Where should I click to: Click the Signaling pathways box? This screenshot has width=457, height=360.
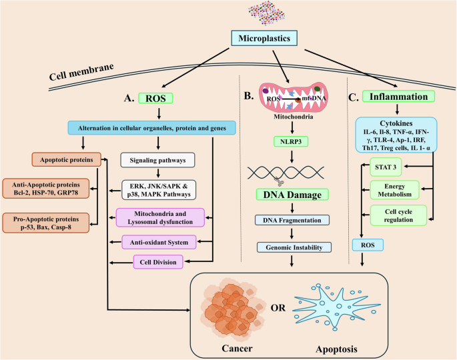158,160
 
